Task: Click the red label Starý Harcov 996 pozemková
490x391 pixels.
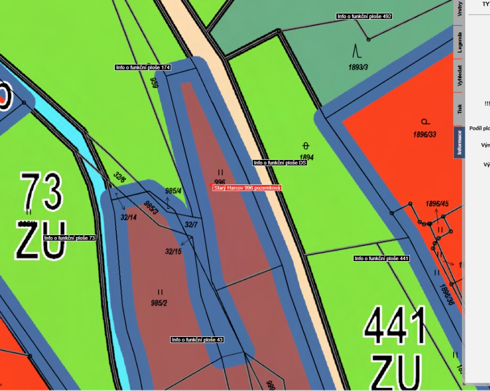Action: (247, 188)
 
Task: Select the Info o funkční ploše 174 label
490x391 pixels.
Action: (143, 67)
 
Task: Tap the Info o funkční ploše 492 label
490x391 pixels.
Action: (364, 16)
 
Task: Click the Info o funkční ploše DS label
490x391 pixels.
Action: (280, 163)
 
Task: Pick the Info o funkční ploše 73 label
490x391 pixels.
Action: (69, 238)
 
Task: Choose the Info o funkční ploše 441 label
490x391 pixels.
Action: (382, 258)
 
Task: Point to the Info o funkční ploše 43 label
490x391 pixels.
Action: (197, 340)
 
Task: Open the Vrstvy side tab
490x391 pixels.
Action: (459, 10)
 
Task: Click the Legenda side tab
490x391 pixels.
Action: (459, 43)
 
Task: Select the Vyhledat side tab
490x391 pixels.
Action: (459, 75)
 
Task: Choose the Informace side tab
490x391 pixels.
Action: (459, 142)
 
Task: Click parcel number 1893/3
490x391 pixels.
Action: (358, 67)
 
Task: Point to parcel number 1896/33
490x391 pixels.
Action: (425, 134)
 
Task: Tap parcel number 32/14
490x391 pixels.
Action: (129, 217)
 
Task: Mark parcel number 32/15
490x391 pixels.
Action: (173, 251)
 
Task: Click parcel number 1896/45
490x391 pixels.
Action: (437, 204)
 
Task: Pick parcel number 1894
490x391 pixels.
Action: (306, 157)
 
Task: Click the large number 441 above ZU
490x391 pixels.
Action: (395, 327)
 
